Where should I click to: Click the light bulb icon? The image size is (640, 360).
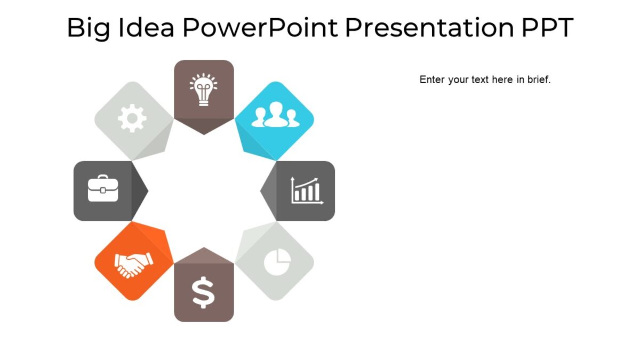point(204,90)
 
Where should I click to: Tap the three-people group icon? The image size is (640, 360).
point(274,115)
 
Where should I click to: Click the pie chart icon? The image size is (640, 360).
point(277,261)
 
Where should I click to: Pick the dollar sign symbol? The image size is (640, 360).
point(203,293)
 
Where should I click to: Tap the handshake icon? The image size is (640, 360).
point(133,264)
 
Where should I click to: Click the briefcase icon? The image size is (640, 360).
point(103,190)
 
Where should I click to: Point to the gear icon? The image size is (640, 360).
point(132,118)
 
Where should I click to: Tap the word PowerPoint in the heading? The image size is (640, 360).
point(260,28)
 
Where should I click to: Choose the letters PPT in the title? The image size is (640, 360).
point(546,28)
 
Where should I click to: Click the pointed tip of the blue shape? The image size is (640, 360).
point(276,159)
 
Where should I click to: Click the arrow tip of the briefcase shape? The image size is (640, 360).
point(148,190)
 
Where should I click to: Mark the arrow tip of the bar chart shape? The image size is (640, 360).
point(261,190)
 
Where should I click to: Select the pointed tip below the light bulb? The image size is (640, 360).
point(204,134)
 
